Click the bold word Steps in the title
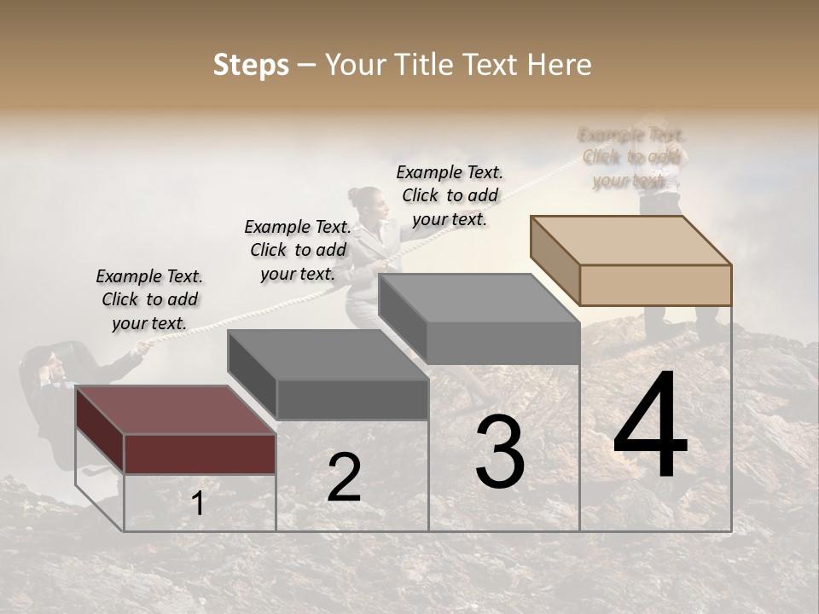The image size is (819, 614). tap(251, 65)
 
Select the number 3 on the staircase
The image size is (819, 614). tap(499, 452)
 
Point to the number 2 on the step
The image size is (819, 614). tap(344, 478)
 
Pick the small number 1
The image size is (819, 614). tap(198, 504)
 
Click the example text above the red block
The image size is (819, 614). tap(149, 299)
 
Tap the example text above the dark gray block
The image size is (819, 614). tap(298, 250)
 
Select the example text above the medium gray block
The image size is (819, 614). tap(450, 195)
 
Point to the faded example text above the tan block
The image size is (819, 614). tap(630, 157)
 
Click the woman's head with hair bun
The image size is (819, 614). tap(364, 200)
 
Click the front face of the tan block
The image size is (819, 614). tap(655, 285)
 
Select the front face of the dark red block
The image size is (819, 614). tap(200, 454)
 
